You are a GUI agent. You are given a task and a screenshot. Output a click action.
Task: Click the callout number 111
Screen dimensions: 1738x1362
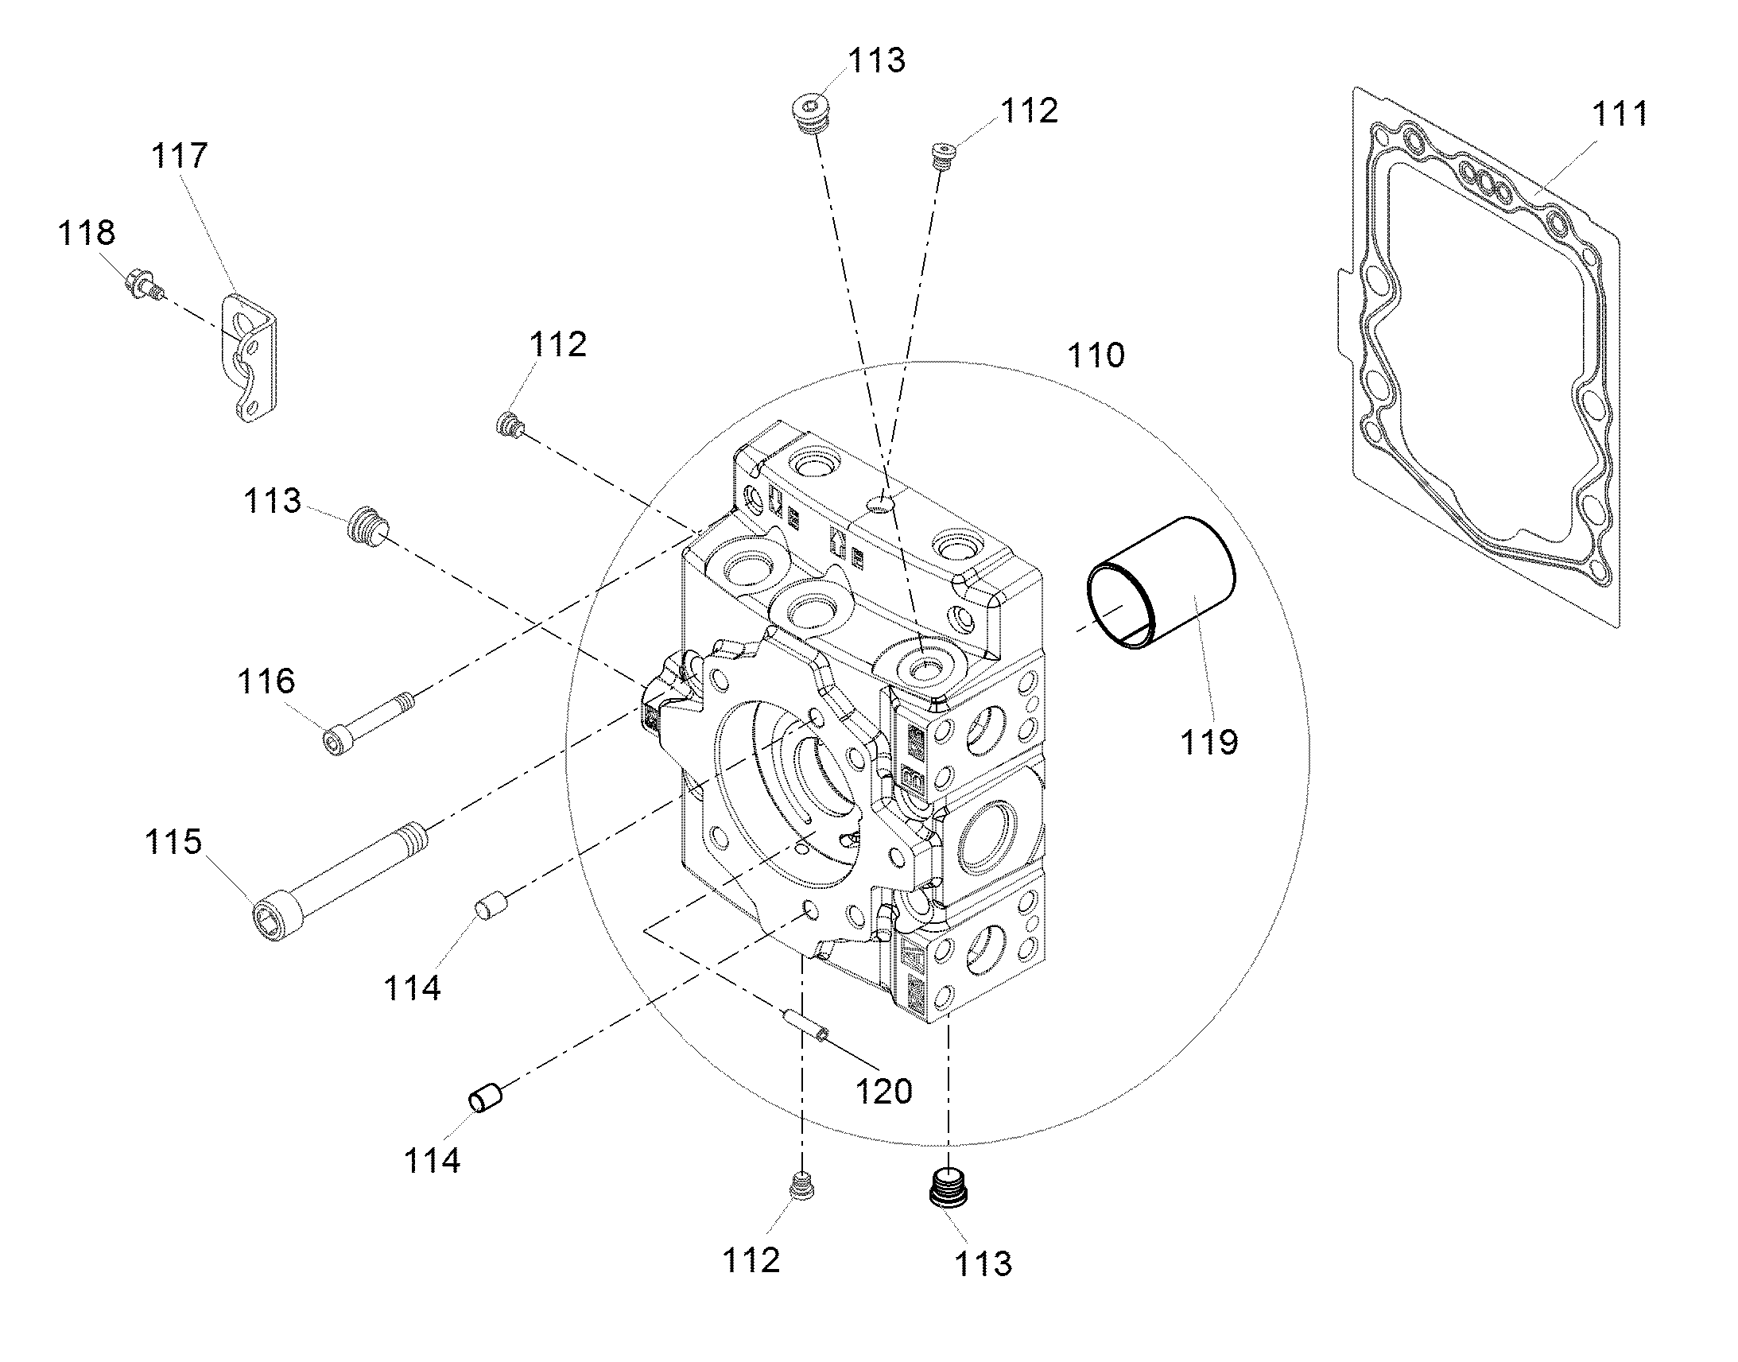1620,114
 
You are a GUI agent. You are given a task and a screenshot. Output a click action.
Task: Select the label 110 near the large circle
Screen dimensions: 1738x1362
1096,355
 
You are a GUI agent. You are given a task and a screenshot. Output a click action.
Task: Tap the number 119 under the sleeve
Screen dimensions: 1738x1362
1209,743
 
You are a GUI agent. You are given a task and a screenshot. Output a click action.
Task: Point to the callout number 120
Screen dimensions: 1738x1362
883,1092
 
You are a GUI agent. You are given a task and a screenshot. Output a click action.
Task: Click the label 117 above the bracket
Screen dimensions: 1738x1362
180,156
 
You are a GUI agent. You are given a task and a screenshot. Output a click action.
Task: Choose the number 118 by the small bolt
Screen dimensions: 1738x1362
86,233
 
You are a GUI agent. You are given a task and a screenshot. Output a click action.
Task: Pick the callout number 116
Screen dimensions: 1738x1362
266,682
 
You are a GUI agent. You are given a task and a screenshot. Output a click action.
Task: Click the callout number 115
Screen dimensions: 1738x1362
173,842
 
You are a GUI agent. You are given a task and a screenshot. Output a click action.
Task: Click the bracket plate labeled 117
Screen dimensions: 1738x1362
252,356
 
